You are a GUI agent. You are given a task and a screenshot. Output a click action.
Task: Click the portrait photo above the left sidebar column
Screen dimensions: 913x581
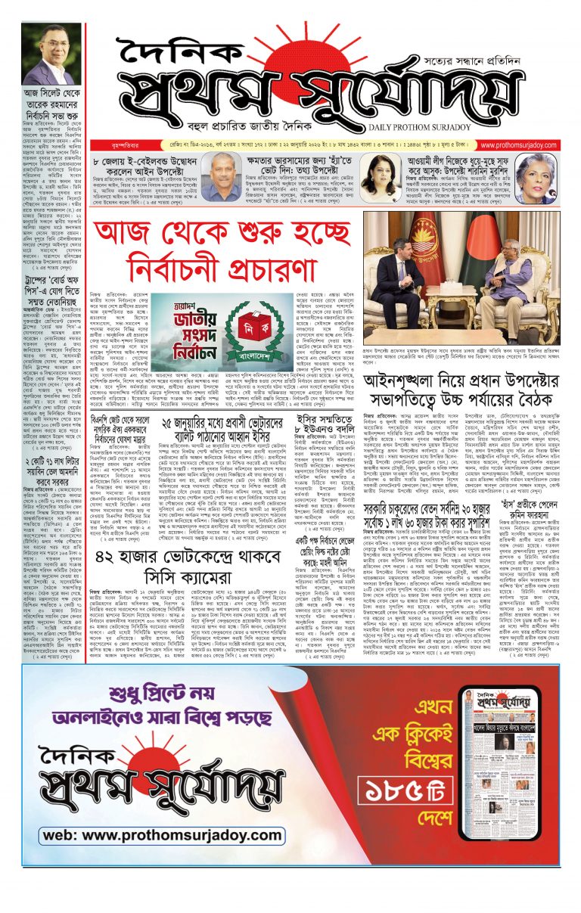(55, 54)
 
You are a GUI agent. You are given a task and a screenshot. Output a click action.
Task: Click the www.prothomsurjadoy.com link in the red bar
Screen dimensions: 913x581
(517, 146)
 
